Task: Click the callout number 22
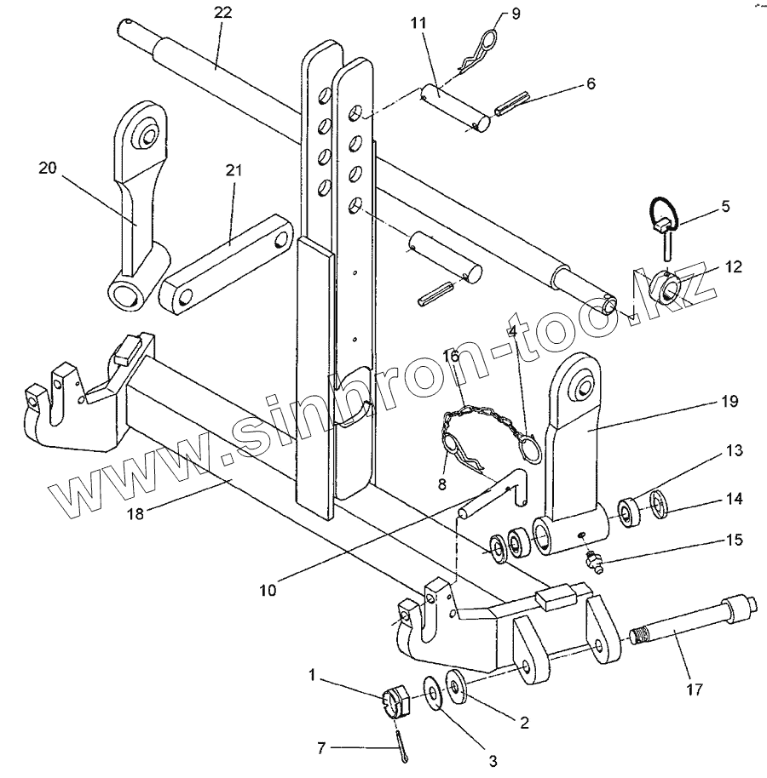[222, 13]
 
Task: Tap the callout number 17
[694, 689]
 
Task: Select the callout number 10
[268, 591]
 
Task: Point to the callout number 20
[48, 169]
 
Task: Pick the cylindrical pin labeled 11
[455, 109]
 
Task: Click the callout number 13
[735, 450]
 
